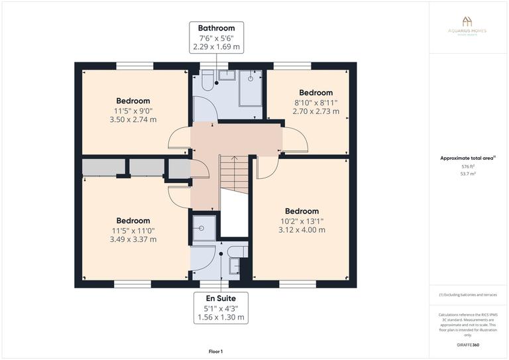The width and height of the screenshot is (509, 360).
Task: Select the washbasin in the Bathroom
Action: [227, 74]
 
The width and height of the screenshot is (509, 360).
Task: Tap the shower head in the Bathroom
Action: [251, 78]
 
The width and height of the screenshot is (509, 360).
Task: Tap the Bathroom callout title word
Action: [216, 28]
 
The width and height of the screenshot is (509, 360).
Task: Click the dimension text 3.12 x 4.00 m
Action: [302, 230]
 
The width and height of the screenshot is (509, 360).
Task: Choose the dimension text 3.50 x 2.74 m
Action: [134, 120]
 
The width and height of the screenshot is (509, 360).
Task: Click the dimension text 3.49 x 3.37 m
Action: [133, 239]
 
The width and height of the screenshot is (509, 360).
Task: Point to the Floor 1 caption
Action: [216, 351]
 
